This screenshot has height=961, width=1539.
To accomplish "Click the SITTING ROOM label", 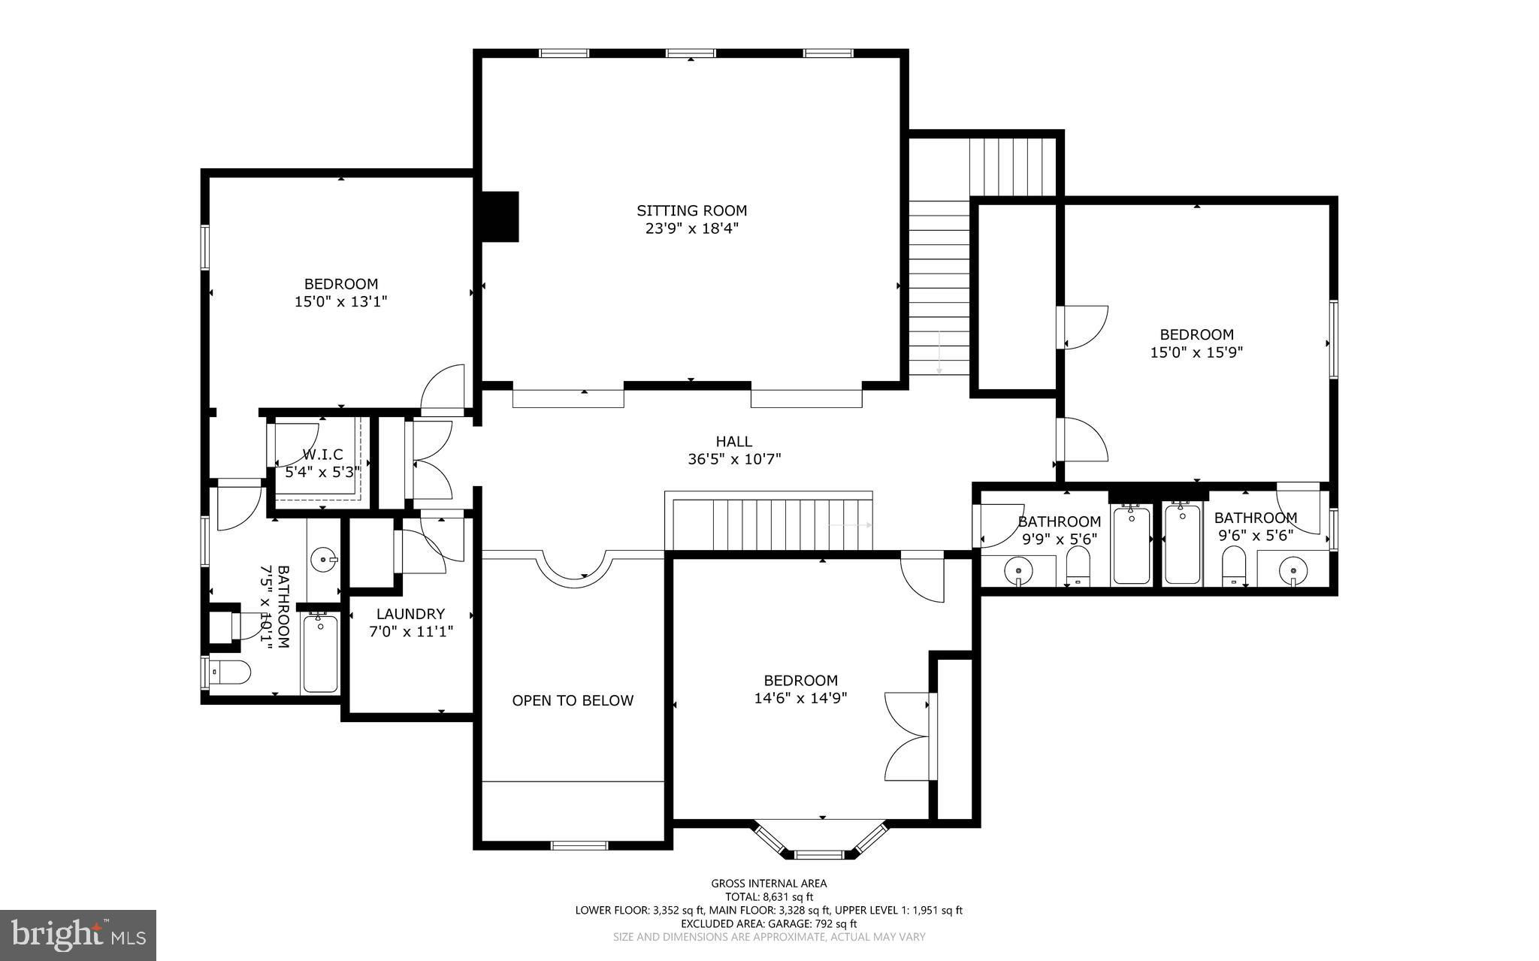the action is tap(692, 211).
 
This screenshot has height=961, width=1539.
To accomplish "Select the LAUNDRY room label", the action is tap(410, 614).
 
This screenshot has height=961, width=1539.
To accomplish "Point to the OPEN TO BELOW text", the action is tap(573, 700).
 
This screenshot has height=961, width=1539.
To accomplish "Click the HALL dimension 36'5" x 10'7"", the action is tap(734, 459).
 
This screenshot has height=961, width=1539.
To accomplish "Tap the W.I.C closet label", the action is tap(323, 455).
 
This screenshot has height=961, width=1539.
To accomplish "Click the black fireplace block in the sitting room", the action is tap(500, 216).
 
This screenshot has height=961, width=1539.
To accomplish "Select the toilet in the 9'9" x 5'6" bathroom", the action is tap(1078, 567).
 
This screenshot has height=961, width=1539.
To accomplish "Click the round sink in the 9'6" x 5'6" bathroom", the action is tap(1293, 570).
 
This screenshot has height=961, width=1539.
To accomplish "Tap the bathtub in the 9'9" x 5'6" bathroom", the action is tap(1131, 545).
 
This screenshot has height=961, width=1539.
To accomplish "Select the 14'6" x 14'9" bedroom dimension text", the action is tap(801, 698).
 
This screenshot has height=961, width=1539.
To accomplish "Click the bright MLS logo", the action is tap(78, 935).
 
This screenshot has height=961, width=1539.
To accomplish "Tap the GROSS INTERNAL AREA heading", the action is tap(769, 884).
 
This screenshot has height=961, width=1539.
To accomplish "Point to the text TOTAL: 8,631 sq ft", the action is tap(769, 896).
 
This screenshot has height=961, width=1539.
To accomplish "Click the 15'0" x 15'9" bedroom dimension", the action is tap(1197, 352).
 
